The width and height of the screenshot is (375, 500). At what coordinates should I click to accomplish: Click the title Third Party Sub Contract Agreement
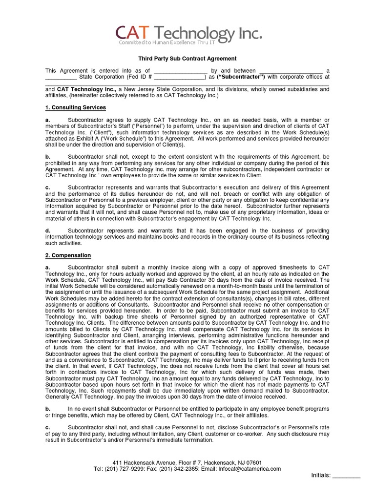(x=187, y=59)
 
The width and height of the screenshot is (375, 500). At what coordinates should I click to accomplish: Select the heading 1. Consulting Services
(x=76, y=107)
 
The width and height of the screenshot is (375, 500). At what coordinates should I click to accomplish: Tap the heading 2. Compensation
(x=68, y=255)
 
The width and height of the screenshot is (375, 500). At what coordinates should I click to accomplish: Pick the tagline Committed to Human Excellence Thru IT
(x=167, y=43)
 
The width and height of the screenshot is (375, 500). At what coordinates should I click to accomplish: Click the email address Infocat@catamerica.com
(x=252, y=469)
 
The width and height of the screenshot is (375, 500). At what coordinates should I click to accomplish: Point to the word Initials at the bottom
(x=320, y=476)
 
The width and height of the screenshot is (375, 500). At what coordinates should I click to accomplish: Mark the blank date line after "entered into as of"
(x=181, y=71)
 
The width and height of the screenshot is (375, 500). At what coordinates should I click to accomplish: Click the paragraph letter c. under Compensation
(x=47, y=427)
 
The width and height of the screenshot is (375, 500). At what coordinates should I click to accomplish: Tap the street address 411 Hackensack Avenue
(x=140, y=462)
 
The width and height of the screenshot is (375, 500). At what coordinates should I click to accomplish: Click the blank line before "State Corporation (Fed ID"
(x=61, y=77)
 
